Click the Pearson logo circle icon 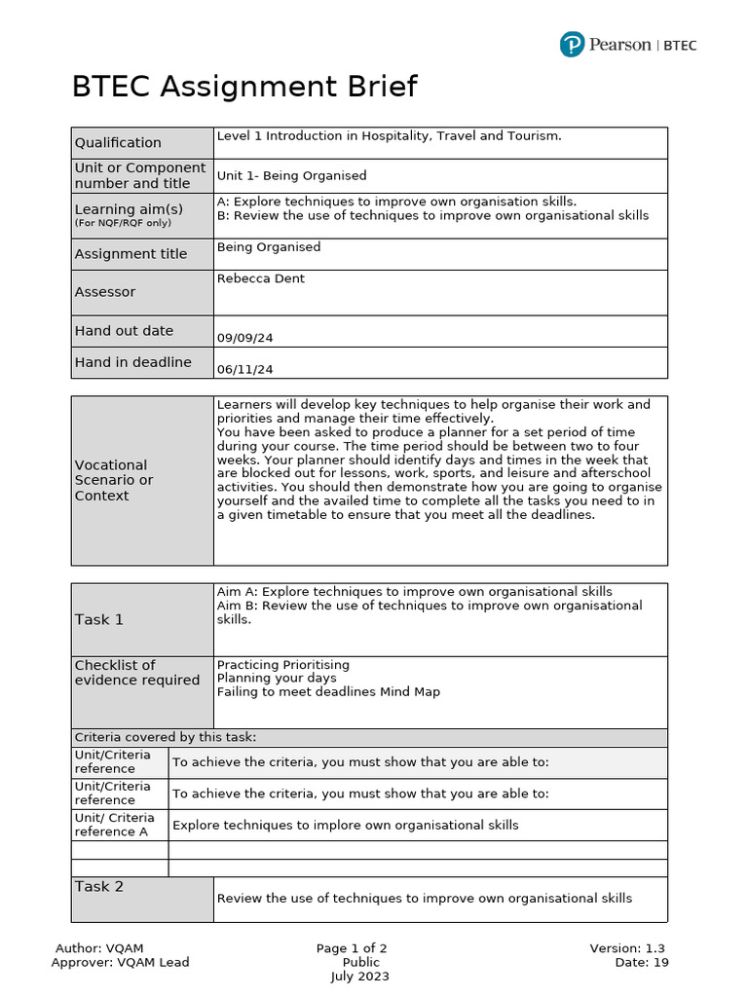coord(572,45)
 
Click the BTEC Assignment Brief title coord(244,87)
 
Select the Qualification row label coord(118,143)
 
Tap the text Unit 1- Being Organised coord(291,176)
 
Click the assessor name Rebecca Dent coord(260,278)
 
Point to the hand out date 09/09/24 coord(244,338)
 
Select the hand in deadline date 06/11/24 coord(244,369)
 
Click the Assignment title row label coord(131,254)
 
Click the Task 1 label coord(99,619)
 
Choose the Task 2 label coord(99,887)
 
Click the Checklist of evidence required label coord(136,673)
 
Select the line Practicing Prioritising coord(282,665)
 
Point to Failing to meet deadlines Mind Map coord(328,692)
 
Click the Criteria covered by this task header coord(166,737)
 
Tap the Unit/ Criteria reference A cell coord(114,825)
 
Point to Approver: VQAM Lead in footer coord(120,963)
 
